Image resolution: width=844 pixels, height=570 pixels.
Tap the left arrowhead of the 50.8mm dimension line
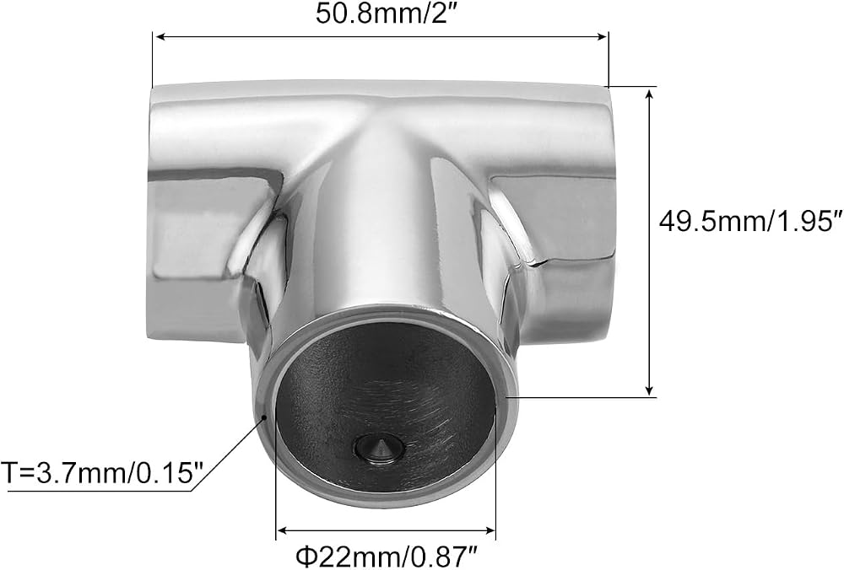(160, 36)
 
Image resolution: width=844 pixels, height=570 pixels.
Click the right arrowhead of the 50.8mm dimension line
(601, 36)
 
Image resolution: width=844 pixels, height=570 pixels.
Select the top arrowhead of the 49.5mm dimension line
(650, 97)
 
